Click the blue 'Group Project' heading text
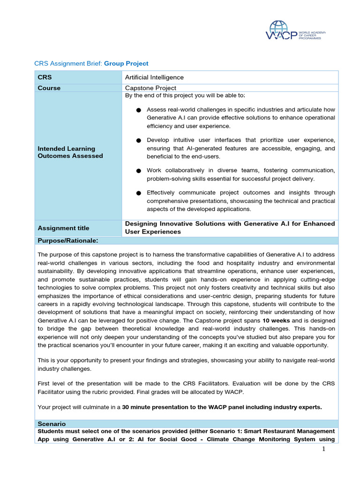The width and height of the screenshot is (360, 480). tap(126, 63)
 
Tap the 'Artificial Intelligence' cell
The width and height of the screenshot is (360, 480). tap(154, 77)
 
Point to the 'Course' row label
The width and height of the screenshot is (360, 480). tap(49, 88)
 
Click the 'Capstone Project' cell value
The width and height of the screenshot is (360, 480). tap(150, 88)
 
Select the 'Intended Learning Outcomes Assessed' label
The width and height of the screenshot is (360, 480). tap(70, 152)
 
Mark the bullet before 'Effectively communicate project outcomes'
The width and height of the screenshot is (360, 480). tap(138, 193)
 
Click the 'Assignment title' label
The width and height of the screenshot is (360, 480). tap(63, 228)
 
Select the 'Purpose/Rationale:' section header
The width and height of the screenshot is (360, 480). tap(67, 240)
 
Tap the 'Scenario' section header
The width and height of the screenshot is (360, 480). tap(52, 423)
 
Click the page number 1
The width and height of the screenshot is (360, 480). tap(323, 449)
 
